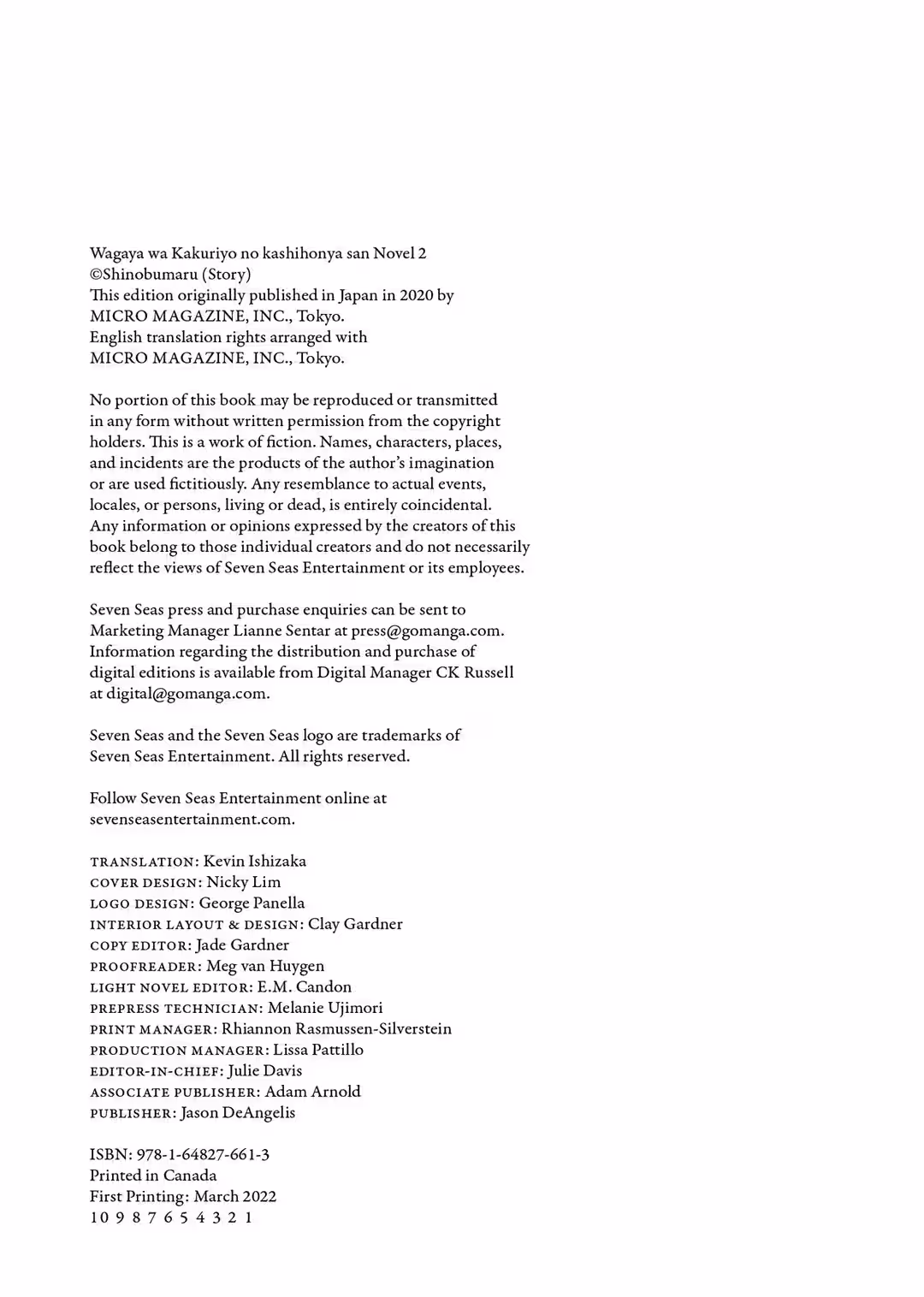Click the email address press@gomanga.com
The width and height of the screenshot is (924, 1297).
(x=426, y=631)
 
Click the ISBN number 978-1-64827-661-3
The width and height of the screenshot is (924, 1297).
(x=203, y=1154)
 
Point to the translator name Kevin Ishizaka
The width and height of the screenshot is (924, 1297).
(x=254, y=861)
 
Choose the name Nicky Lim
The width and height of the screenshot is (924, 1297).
(x=243, y=882)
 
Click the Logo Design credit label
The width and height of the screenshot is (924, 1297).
(x=141, y=903)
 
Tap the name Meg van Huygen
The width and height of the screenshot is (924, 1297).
(x=265, y=966)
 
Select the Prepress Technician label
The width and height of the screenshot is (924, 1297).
(x=175, y=1009)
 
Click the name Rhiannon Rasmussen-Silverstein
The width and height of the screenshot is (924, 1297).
(x=336, y=1029)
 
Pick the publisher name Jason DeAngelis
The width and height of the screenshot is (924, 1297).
(x=238, y=1113)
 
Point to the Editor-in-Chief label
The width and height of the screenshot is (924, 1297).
(x=156, y=1071)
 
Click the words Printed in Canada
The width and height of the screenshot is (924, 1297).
(x=153, y=1176)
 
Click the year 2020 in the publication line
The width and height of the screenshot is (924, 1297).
(x=416, y=295)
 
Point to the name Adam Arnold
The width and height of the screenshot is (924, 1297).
(x=312, y=1092)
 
